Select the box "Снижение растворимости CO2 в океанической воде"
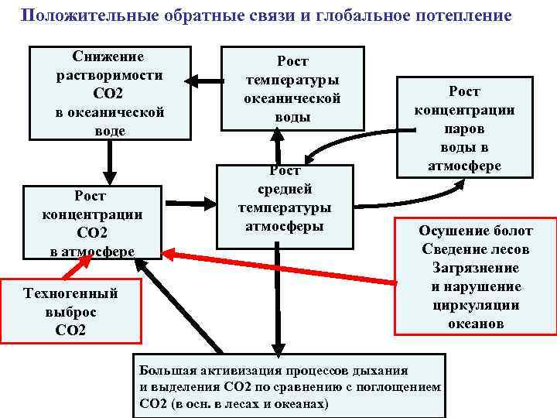pyautogui.click(x=109, y=93)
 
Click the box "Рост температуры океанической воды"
pyautogui.click(x=292, y=88)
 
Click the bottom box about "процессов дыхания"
pyautogui.click(x=290, y=385)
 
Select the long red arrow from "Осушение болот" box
pyautogui.click(x=278, y=266)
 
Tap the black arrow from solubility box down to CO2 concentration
pyautogui.click(x=109, y=163)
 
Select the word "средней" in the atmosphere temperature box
pyautogui.click(x=285, y=189)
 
